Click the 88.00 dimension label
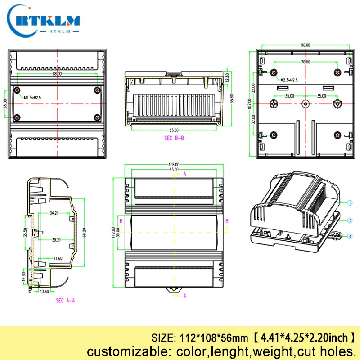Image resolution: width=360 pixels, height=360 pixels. (57, 73)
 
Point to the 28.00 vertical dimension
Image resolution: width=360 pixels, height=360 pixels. (4, 103)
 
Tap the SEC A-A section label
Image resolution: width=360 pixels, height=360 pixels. (65, 300)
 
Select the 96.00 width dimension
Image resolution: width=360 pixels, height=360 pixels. (306, 45)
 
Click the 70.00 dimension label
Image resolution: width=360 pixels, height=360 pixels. (306, 62)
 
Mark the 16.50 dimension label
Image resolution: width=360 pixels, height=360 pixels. (24, 276)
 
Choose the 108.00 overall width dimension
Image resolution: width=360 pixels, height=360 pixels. (174, 165)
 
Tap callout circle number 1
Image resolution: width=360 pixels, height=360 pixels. (349, 203)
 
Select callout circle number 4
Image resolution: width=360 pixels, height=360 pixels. (349, 236)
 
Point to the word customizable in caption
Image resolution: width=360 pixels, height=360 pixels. (120, 351)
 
